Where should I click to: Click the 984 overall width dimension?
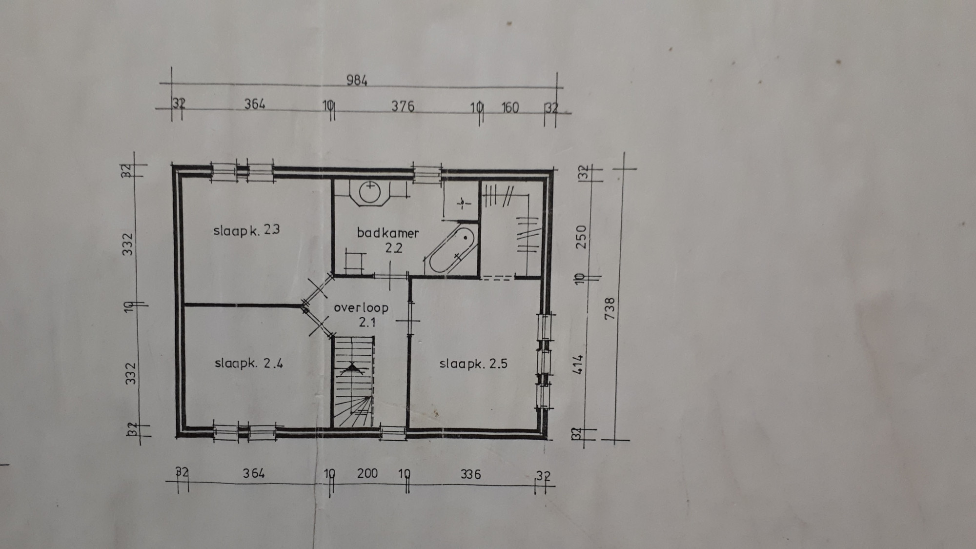[357, 80]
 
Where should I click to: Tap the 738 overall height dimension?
[610, 308]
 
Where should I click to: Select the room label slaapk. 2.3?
[246, 230]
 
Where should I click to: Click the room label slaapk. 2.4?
[248, 364]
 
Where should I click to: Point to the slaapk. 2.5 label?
[473, 364]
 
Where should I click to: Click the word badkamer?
[387, 233]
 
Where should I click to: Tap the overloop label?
[361, 308]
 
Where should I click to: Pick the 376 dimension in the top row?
[403, 106]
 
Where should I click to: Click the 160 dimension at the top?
[510, 107]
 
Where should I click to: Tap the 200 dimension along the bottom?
[367, 473]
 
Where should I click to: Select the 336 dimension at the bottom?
[470, 474]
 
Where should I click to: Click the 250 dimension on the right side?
[581, 236]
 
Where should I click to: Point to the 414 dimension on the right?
[579, 365]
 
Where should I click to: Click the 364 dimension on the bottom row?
[254, 473]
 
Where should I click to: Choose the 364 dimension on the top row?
[255, 103]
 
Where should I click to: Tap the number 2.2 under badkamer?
[393, 248]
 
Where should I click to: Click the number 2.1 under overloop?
[367, 322]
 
